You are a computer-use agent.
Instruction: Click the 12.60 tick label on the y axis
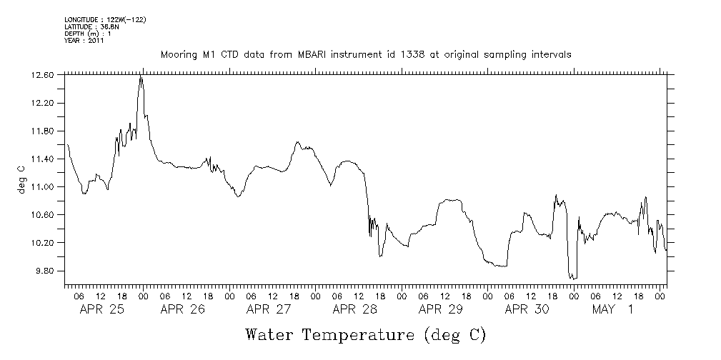(x=44, y=75)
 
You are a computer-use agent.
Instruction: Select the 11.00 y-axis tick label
(x=44, y=187)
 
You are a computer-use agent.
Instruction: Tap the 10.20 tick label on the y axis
(x=44, y=243)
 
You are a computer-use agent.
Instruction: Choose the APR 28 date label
(x=354, y=309)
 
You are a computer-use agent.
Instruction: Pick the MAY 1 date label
(x=612, y=309)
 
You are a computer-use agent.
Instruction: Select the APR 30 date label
(x=527, y=309)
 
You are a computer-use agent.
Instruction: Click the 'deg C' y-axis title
(x=21, y=179)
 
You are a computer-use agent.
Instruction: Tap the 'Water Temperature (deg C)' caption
(x=364, y=335)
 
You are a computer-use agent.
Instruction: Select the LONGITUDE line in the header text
(x=105, y=19)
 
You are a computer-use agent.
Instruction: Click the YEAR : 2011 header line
(x=84, y=41)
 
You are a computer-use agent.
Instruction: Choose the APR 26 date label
(x=182, y=309)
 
